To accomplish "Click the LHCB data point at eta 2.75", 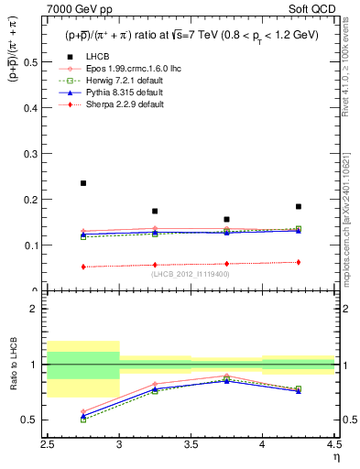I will point(83,183).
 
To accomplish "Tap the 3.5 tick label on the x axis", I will point(191,445).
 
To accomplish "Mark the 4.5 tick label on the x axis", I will point(334,445).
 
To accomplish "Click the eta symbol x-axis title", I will point(336,456).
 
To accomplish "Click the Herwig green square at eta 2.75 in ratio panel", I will point(83,420).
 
